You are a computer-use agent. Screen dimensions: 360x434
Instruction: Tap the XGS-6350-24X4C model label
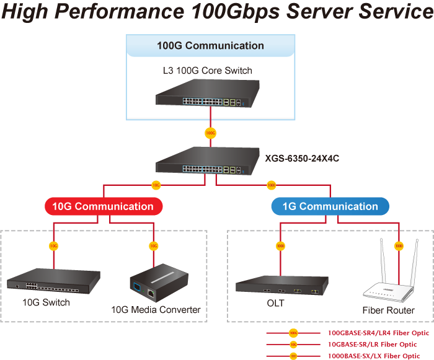(x=302, y=158)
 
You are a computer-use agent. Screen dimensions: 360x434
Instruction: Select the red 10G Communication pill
(x=104, y=206)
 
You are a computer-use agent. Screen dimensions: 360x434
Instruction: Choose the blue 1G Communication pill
(x=330, y=206)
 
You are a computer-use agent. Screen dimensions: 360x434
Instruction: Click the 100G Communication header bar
(x=210, y=45)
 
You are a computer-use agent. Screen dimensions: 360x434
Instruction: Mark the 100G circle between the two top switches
(x=210, y=133)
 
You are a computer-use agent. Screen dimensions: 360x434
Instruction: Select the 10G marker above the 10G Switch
(x=54, y=246)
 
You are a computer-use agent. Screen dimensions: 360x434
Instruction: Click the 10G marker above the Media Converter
(x=153, y=246)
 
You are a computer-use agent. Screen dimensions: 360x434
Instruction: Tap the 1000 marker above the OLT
(x=281, y=246)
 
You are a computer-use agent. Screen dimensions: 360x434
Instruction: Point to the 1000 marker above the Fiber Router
(x=399, y=246)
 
